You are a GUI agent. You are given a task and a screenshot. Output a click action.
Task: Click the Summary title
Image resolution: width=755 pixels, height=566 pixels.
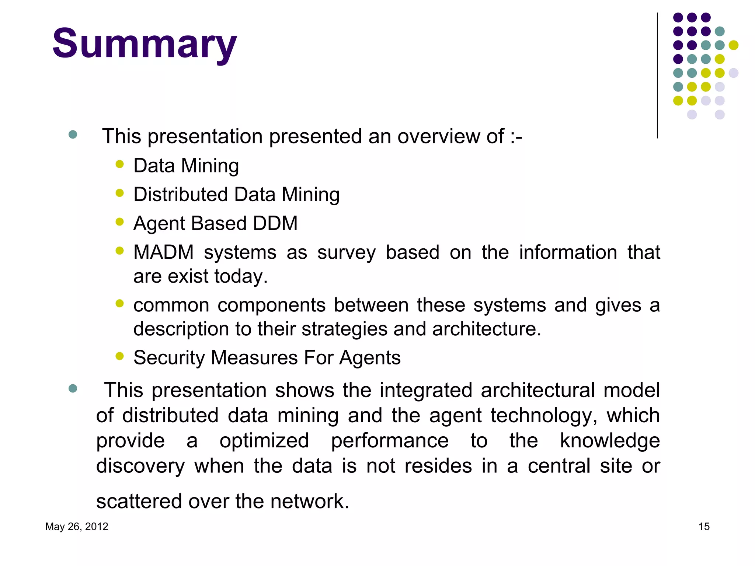tap(145, 44)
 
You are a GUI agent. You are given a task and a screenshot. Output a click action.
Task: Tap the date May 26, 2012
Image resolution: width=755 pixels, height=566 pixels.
tap(77, 527)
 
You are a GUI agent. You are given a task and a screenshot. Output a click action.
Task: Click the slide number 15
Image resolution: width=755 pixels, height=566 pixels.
tap(704, 527)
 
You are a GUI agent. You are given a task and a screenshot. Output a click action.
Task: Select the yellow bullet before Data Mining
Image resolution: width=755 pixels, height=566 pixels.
tap(119, 164)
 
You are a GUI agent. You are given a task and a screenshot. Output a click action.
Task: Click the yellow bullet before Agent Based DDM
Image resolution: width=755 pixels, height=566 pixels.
tap(119, 221)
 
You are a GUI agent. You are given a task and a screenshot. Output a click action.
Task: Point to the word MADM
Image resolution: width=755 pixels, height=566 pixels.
tap(163, 252)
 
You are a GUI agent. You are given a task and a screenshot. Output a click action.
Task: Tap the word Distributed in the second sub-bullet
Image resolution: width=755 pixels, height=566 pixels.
tap(181, 195)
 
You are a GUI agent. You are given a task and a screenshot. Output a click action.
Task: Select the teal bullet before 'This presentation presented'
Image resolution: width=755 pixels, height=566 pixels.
tap(73, 134)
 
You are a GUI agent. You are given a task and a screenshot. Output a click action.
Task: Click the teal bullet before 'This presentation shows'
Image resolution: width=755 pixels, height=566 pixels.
tap(73, 388)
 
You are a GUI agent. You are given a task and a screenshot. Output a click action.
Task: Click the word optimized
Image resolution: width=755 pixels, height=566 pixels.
tap(264, 441)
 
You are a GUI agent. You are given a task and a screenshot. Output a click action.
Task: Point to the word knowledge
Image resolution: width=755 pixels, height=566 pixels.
tap(609, 441)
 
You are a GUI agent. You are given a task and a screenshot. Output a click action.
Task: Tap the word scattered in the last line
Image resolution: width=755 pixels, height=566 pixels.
tap(139, 502)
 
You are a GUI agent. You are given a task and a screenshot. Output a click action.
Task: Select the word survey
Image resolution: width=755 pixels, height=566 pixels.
tap(346, 253)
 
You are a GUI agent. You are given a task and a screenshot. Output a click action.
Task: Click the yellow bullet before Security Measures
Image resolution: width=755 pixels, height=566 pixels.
tap(119, 356)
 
